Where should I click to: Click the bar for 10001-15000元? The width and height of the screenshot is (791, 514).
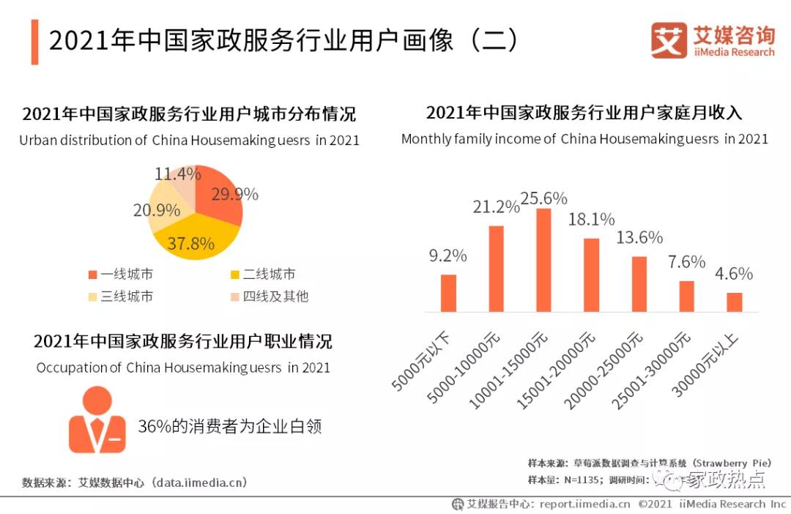[x=543, y=260]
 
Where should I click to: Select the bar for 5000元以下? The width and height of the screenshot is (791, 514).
[x=448, y=293]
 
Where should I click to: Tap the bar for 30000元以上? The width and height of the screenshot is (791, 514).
[x=734, y=302]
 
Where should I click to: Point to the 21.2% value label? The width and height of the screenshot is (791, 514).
[x=496, y=208]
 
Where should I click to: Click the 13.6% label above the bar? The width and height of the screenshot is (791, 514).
[x=639, y=238]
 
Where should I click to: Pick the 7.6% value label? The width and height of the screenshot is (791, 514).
[x=686, y=262]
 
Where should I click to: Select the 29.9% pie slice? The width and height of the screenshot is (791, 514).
[x=220, y=198]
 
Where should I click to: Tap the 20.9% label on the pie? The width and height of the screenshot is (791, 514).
[x=157, y=211]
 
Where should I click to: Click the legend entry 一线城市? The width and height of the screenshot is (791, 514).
[x=120, y=275]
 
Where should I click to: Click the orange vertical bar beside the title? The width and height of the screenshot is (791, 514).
[x=34, y=42]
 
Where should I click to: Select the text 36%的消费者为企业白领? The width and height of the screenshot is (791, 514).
[x=230, y=427]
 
